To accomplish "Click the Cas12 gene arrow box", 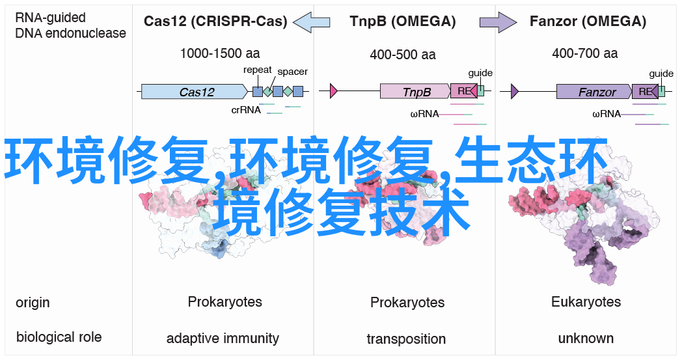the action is point(195,92).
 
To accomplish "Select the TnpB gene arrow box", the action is point(415,91).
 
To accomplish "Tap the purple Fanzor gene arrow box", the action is point(594,92).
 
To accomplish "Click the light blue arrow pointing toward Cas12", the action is point(312,21).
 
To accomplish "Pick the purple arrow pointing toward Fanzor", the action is point(498,21).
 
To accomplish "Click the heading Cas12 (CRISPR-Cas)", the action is point(215,21).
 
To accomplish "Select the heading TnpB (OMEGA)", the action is point(403,21).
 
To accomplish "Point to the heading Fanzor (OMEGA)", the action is point(588,21).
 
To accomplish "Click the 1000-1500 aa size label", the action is point(220,53).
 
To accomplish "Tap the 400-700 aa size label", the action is point(585,53).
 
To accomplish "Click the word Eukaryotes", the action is point(586,302).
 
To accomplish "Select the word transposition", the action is point(406,339).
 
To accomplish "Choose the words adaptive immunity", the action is point(223,339).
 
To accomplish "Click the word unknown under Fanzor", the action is point(586,339).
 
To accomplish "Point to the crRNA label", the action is point(246,110).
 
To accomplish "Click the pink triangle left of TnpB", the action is point(334,91).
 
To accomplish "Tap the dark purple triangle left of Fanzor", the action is point(515,91).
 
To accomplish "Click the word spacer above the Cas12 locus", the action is point(292,72).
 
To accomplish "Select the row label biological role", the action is point(59,337).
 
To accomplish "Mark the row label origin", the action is point(33,303).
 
